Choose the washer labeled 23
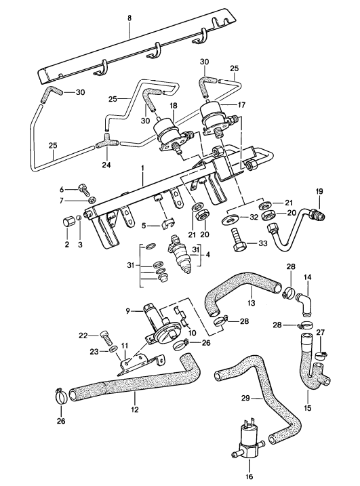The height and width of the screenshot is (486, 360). [113, 351]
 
